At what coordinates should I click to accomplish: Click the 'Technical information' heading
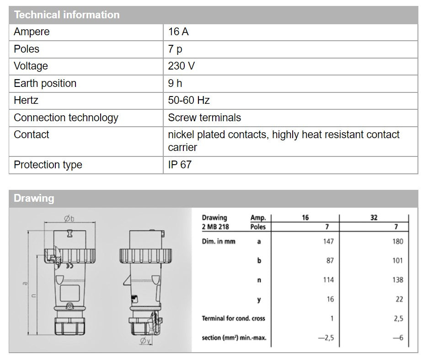coord(67,15)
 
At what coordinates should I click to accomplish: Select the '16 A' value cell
coord(178,32)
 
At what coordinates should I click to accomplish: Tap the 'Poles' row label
coord(27,49)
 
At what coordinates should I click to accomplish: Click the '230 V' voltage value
coord(181,66)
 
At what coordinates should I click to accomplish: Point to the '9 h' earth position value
coord(175,83)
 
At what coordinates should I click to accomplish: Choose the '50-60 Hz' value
coord(188,100)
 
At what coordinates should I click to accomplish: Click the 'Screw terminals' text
coord(204,118)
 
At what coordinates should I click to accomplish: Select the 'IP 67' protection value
coord(180,165)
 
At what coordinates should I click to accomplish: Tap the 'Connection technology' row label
coord(66,118)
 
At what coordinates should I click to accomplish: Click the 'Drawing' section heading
coord(34,198)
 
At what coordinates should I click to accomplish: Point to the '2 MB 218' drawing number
coord(215,226)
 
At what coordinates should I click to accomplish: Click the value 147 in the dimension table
coord(328,241)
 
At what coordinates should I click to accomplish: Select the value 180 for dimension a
coord(397,241)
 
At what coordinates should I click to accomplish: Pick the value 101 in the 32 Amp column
coord(397,260)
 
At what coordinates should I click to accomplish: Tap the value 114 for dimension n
coord(328,279)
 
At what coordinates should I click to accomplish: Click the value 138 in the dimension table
coord(397,279)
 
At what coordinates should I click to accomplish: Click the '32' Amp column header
coord(374,218)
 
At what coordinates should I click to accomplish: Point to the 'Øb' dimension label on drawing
coord(69,219)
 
